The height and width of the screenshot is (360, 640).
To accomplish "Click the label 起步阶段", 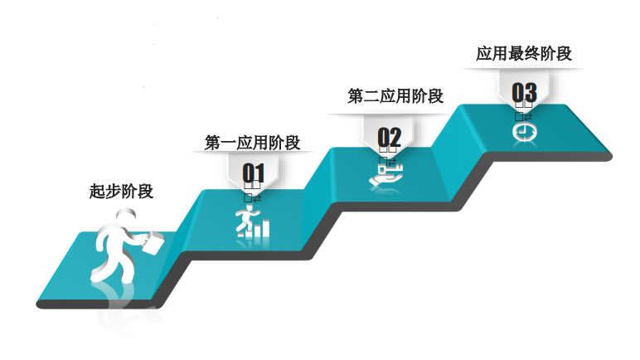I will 121,191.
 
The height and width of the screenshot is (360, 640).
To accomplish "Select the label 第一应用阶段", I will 252,143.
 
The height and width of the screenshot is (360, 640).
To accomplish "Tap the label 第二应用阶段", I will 395,96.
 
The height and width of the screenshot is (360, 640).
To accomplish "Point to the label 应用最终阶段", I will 524,54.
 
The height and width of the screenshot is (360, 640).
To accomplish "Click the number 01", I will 253,173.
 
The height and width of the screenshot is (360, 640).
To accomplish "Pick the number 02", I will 389,137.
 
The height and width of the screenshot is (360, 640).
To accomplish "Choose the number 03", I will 524,91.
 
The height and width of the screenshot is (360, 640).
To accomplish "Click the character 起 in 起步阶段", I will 97,191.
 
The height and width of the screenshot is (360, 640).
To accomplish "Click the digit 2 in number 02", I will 395,137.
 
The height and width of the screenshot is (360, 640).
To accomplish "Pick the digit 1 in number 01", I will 259,173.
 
